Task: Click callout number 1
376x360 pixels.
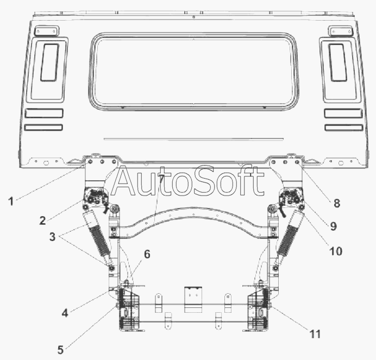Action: [11, 201]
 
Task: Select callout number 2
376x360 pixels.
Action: [42, 220]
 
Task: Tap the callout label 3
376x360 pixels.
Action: [52, 237]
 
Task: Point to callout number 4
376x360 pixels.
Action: [65, 313]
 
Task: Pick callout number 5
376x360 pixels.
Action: [60, 350]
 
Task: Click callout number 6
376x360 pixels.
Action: [147, 254]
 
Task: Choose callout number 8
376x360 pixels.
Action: [337, 203]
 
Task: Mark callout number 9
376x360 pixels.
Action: [333, 226]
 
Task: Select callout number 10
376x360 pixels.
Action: [336, 251]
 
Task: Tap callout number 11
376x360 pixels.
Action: [315, 334]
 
